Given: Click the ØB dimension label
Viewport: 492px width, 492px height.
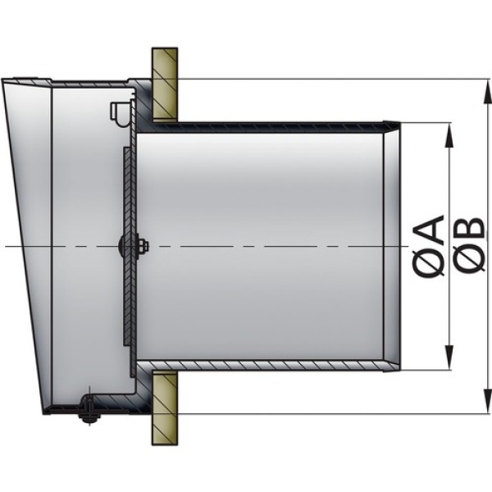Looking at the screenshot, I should coord(467,246).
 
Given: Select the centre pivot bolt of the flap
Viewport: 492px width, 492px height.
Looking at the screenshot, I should coord(125,245).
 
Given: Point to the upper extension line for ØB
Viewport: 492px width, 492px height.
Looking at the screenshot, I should coord(328,80).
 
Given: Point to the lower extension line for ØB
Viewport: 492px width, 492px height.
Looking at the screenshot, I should coord(328,412).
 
